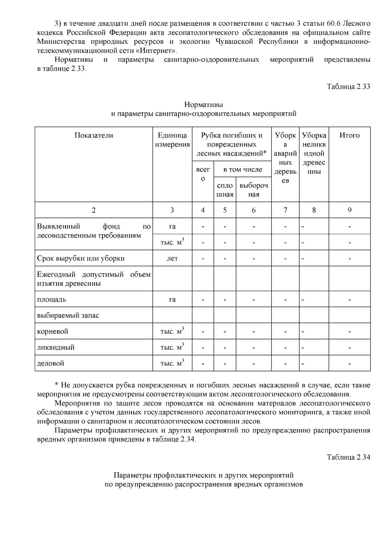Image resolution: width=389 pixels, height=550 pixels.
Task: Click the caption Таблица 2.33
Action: [348, 87]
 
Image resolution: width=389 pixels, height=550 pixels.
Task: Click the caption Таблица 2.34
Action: [348, 457]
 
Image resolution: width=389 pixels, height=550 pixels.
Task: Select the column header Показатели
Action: [94, 135]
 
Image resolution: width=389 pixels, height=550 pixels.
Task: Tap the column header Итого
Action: [349, 135]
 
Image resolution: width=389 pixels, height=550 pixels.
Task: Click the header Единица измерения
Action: [172, 140]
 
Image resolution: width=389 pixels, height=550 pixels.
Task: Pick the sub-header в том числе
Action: [242, 170]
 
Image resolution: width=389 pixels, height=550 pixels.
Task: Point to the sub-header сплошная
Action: [225, 190]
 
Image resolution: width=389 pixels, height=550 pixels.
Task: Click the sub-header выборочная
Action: [253, 190]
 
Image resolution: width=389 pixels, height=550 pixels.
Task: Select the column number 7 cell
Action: [285, 210]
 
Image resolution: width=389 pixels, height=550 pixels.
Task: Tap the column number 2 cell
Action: [94, 210]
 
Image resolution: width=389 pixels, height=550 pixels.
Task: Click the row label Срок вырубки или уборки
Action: [81, 258]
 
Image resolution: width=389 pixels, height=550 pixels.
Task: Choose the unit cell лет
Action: [172, 258]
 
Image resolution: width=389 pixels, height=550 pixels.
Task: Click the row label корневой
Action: [53, 332]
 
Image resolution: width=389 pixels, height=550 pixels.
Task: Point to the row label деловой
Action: [51, 363]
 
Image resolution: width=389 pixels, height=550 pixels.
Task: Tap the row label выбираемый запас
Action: [68, 315]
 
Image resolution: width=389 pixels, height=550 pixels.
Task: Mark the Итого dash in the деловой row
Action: [349, 364]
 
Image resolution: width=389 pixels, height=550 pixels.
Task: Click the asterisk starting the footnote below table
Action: [56, 385]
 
